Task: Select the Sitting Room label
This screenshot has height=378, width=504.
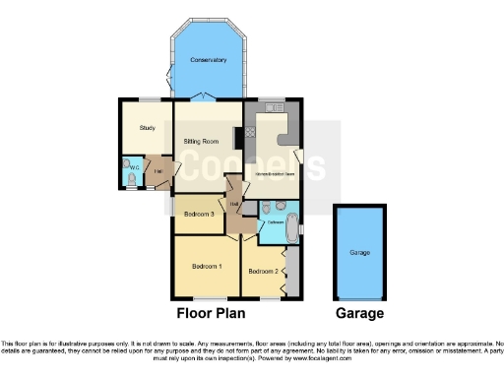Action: point(200,142)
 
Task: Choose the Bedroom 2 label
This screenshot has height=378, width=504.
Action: point(262,271)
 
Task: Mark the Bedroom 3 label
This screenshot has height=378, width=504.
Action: point(199,214)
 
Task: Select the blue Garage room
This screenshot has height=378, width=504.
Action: point(360,251)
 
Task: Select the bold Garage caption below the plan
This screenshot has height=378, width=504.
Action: point(360,315)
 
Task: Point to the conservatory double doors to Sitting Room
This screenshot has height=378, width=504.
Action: point(202,96)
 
